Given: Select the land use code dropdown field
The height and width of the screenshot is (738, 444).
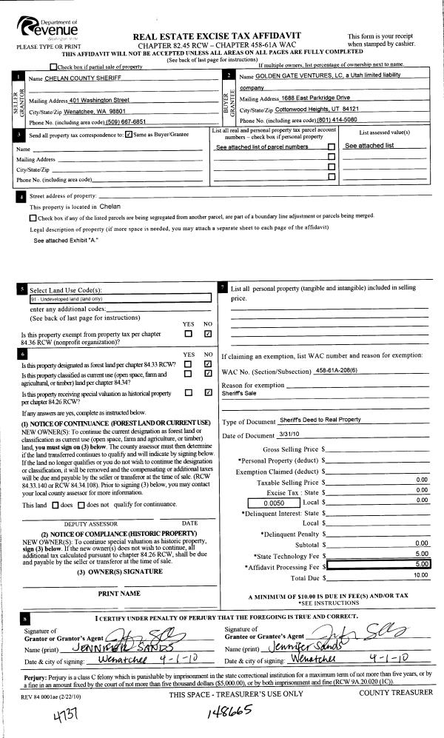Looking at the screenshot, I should point(120,298).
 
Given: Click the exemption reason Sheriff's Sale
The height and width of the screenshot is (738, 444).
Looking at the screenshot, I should point(238,394).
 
